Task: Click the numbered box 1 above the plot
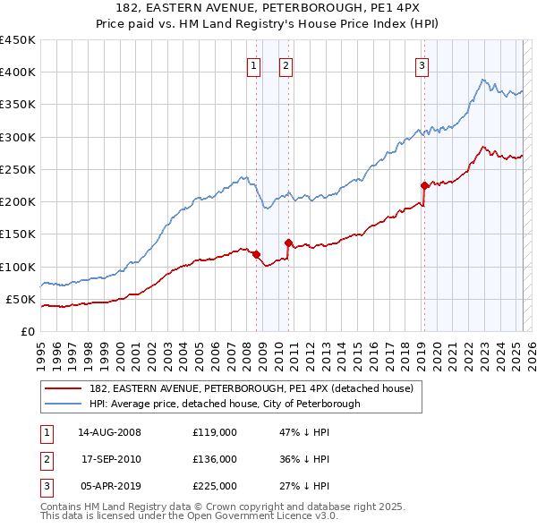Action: tap(254, 64)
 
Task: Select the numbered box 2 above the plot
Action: tap(286, 64)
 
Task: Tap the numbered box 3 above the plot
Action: tap(422, 64)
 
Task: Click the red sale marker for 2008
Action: tap(256, 254)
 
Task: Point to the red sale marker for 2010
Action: tap(289, 243)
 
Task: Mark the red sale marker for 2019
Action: tap(424, 185)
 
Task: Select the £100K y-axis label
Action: tap(18, 267)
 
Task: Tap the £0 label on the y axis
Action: tap(27, 332)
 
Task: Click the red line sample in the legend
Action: tap(63, 388)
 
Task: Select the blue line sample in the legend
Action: tap(63, 404)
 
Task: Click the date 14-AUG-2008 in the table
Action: tap(110, 433)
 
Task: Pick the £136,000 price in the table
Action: tap(215, 459)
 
